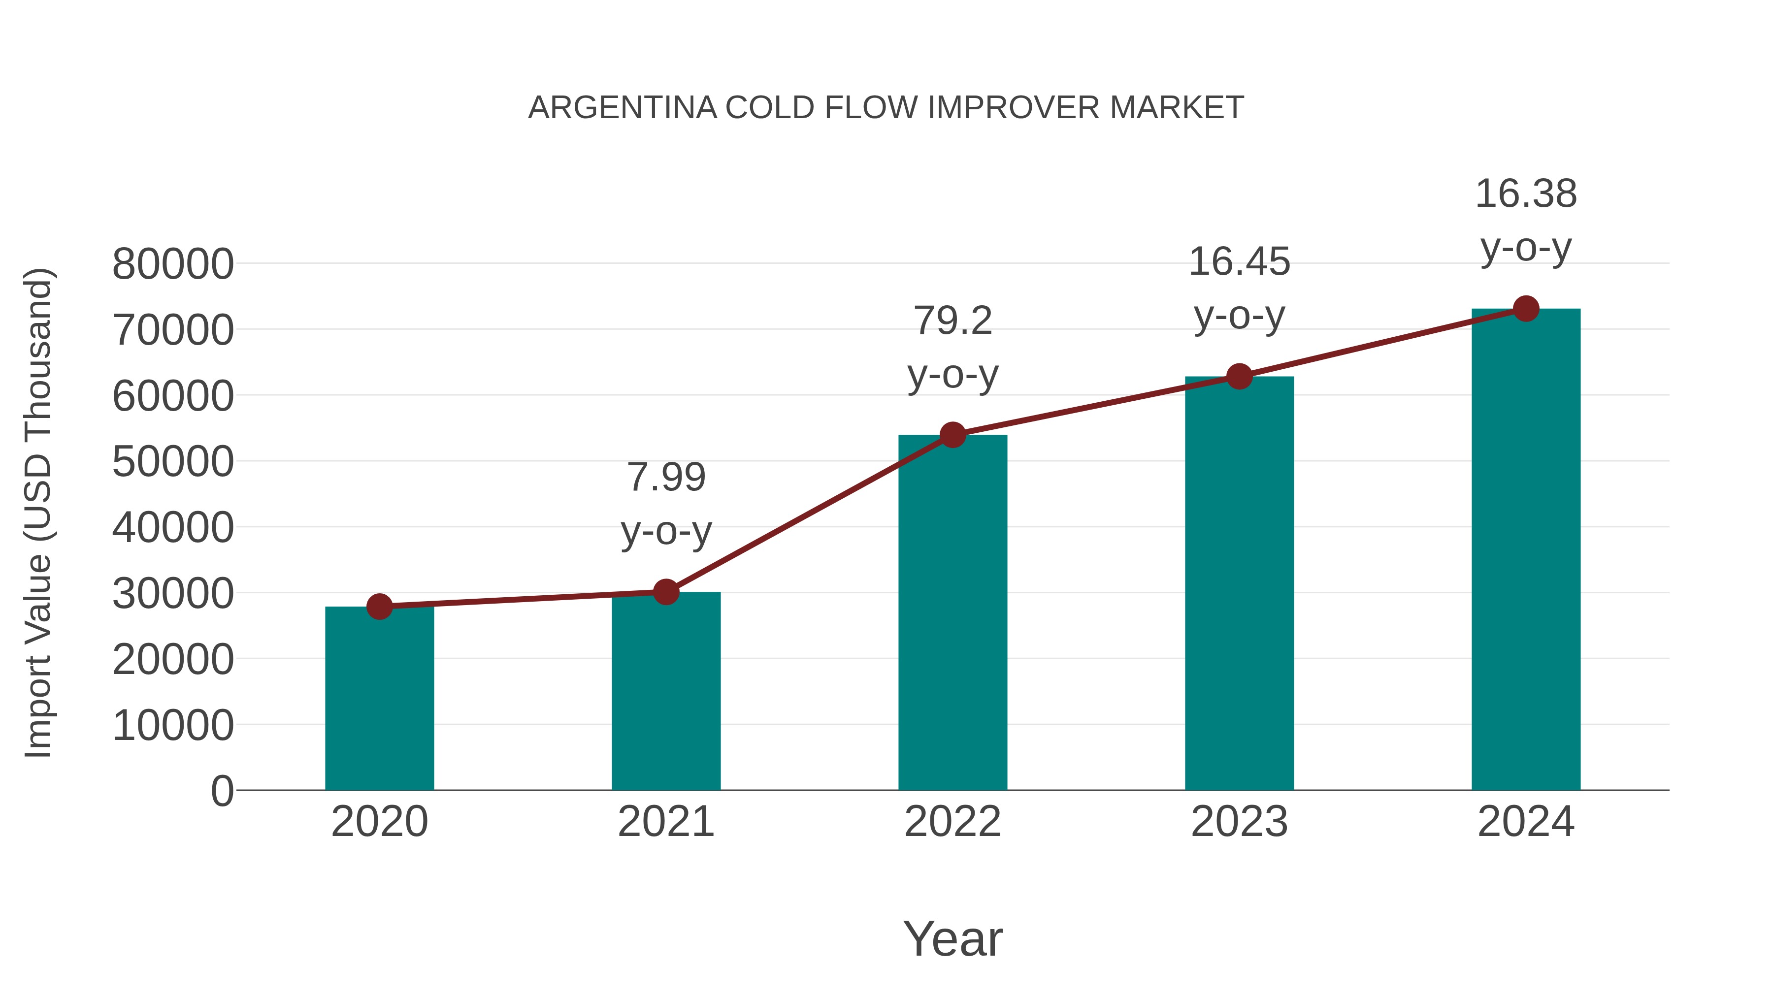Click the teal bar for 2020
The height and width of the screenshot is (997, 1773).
click(x=379, y=698)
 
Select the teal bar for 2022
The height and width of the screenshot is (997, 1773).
click(x=952, y=612)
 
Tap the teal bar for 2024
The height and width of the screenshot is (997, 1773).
click(x=1526, y=550)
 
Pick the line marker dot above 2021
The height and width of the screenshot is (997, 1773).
click(x=665, y=592)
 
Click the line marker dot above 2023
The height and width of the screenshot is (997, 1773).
click(x=1239, y=376)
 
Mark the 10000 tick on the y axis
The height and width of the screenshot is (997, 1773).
click(x=173, y=725)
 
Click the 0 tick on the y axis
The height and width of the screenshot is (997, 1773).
click(x=222, y=791)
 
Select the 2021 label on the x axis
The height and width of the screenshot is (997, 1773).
click(x=665, y=822)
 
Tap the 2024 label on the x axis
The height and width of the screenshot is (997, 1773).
click(x=1526, y=822)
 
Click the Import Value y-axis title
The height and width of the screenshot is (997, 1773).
click(x=38, y=513)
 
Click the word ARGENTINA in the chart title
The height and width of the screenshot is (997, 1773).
click(x=622, y=108)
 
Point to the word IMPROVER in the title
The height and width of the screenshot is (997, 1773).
click(x=1014, y=108)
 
